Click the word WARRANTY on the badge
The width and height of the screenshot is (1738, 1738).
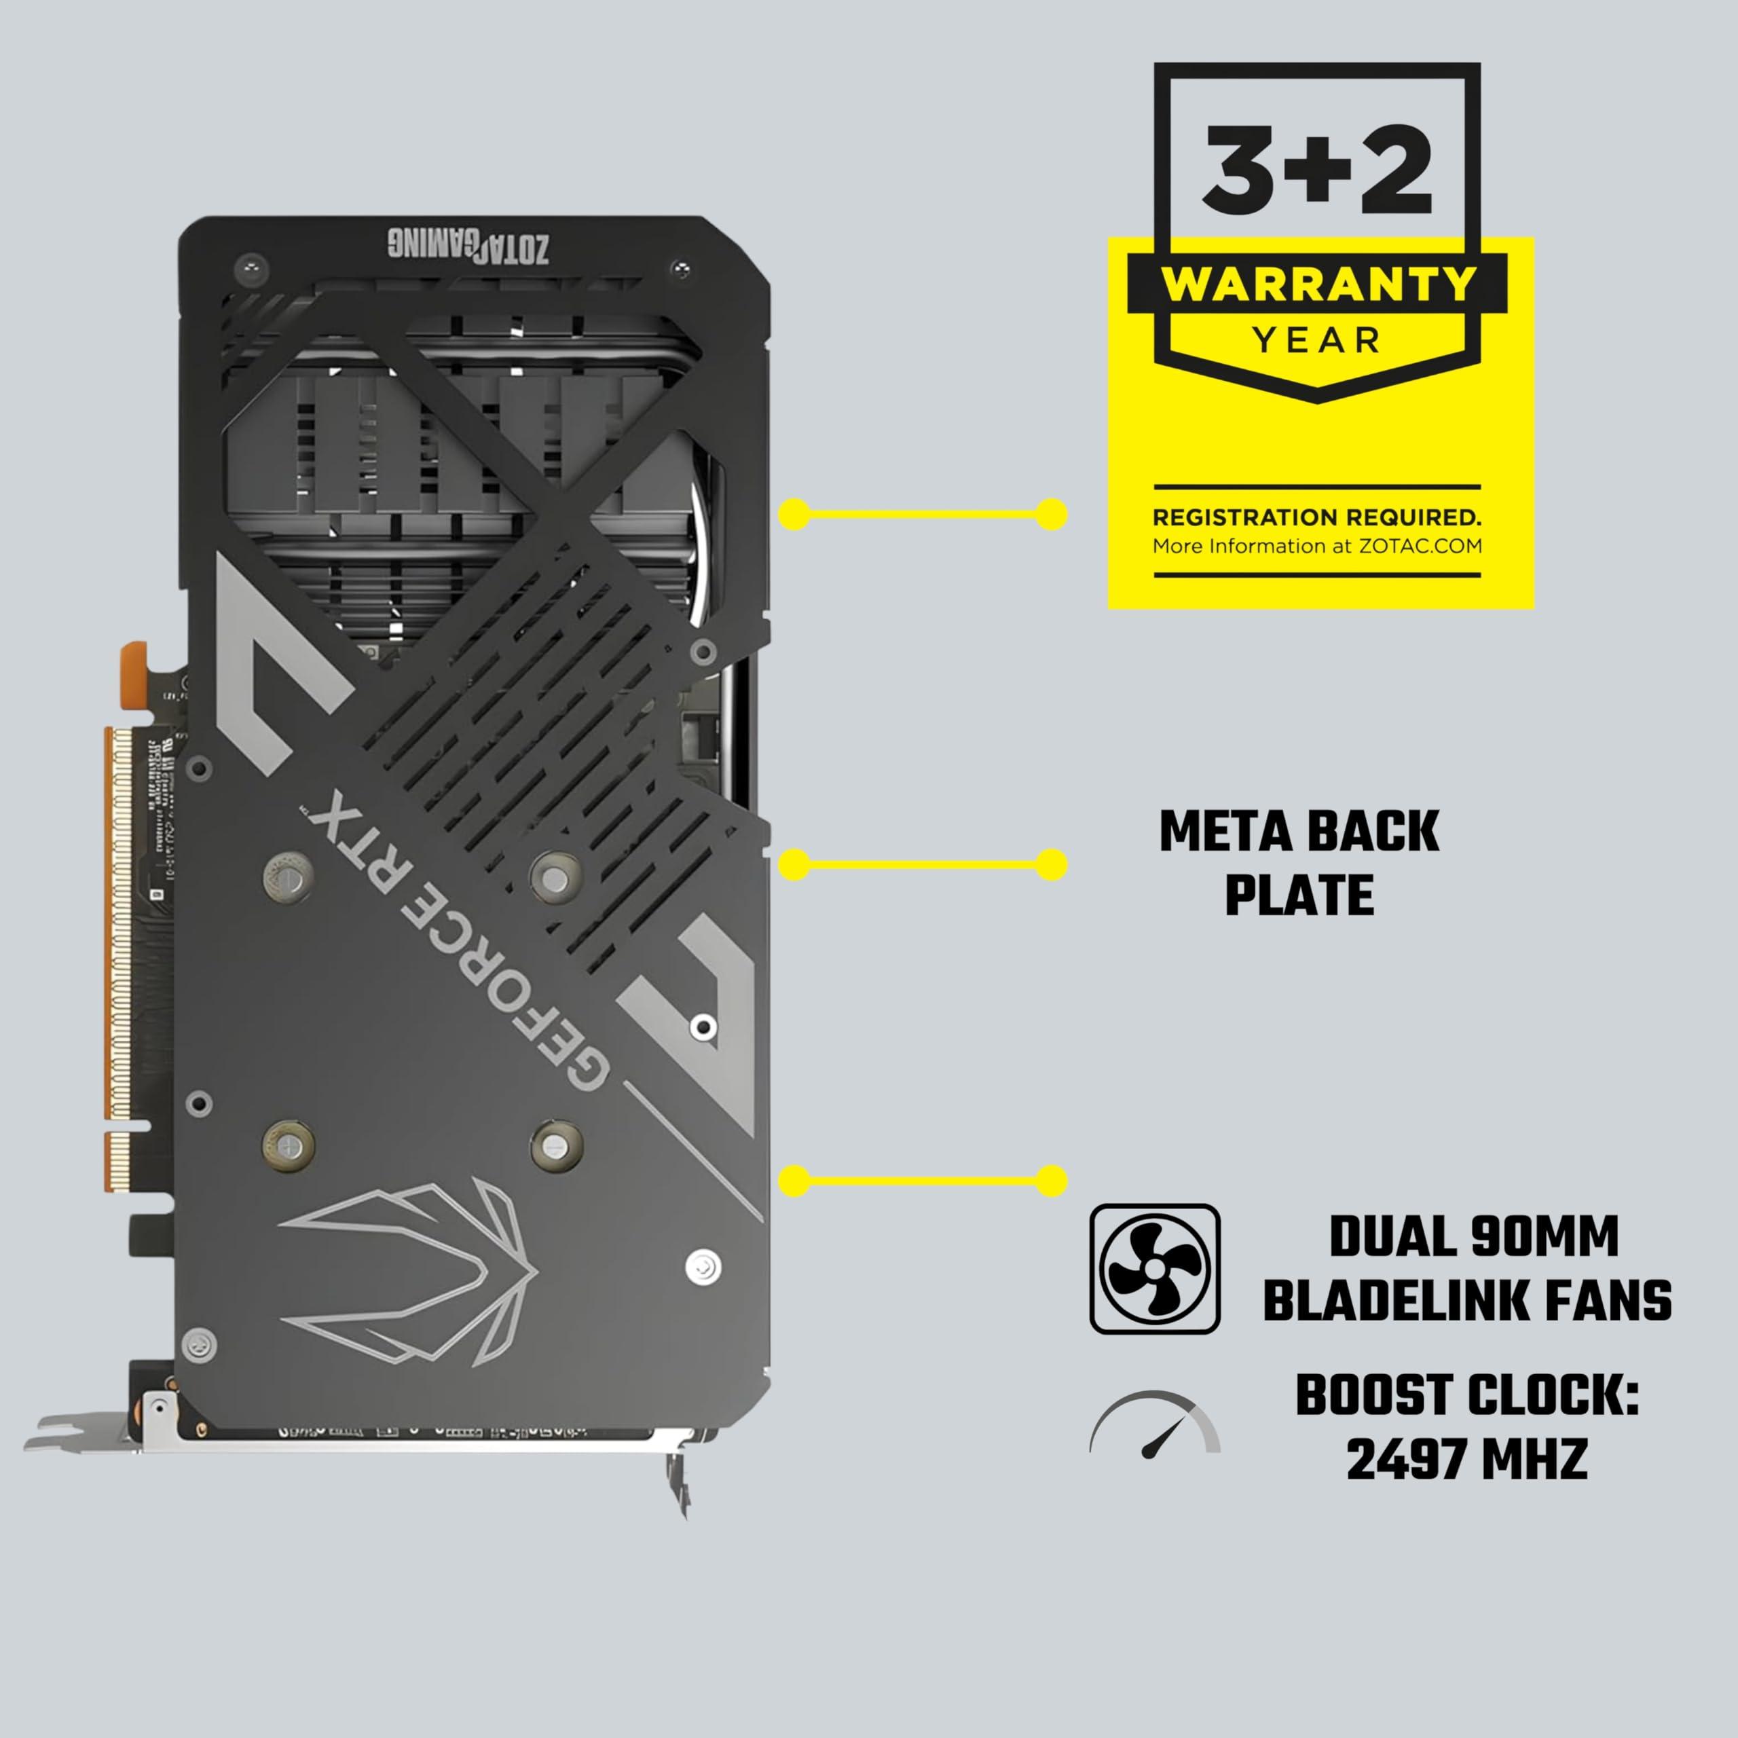[1317, 284]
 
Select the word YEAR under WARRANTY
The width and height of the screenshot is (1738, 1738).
[1317, 341]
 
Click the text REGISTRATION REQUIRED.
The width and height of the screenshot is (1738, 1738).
[1317, 517]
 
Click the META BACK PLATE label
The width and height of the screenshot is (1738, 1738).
[1299, 863]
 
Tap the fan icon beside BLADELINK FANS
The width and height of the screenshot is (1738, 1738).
[1155, 1270]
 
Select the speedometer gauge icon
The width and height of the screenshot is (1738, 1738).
[1155, 1426]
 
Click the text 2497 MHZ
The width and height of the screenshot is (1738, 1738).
[1466, 1458]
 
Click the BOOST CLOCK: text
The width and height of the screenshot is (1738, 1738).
[1466, 1395]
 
